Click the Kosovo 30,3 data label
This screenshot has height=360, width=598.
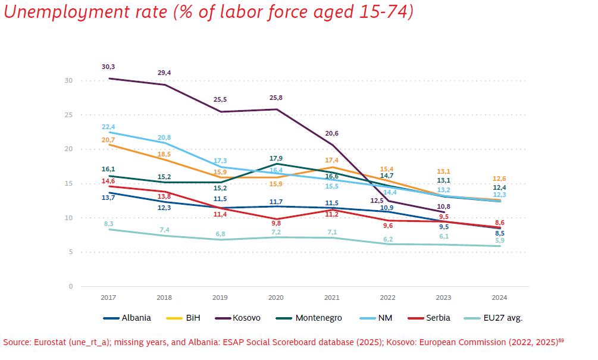click(108, 67)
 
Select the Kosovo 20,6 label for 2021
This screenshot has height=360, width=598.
click(332, 133)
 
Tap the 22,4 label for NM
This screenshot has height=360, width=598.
click(108, 127)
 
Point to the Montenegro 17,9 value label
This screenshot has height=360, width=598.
click(275, 158)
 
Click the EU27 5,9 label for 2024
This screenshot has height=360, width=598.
click(500, 240)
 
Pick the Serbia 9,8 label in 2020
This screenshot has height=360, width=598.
click(275, 223)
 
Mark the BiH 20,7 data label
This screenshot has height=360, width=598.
click(108, 140)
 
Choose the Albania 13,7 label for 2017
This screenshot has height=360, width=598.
click(108, 198)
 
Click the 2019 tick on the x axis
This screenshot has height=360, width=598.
click(220, 298)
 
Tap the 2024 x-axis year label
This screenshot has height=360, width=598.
click(500, 298)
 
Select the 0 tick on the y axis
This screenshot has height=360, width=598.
click(71, 286)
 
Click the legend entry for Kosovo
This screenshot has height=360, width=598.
click(238, 318)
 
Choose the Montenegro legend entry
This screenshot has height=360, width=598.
click(309, 318)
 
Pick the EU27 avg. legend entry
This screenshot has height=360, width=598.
click(493, 318)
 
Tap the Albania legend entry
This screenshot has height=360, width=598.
click(127, 318)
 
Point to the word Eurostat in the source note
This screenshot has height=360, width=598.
click(49, 342)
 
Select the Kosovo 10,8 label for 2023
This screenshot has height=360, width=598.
click(443, 206)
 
